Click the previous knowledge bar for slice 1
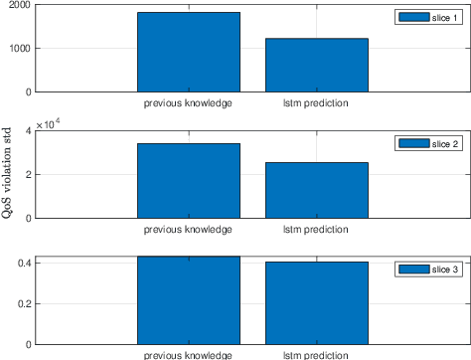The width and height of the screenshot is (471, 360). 188,52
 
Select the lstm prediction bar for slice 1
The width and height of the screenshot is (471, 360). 316,65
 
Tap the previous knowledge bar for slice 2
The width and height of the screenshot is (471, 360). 188,180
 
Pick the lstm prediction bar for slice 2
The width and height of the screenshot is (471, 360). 316,190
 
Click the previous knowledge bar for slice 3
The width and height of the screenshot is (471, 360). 188,300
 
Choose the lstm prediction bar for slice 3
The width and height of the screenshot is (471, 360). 316,303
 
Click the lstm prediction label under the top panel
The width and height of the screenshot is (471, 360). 316,102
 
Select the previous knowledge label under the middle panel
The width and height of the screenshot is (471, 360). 188,229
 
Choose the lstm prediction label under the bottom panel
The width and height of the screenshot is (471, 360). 316,354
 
